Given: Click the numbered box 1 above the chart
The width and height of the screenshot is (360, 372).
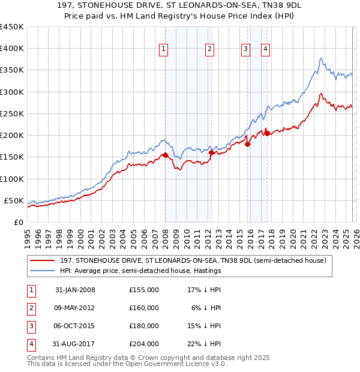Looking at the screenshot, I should tap(163, 50).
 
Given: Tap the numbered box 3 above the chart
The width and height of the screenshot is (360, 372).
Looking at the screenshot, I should tap(245, 50).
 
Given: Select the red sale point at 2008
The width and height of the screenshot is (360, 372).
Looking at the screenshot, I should tap(166, 155).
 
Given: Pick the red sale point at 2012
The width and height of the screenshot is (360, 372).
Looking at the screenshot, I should tap(211, 153).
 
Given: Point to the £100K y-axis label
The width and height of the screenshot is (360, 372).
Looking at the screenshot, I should tap(12, 179).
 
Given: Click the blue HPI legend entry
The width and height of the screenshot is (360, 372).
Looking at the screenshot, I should tap(140, 271).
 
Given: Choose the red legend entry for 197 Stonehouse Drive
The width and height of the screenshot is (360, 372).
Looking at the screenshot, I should tap(193, 260).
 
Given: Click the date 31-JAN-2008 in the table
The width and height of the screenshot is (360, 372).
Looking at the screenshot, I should tap(75, 290).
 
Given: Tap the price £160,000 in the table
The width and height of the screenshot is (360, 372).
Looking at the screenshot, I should tap(143, 308).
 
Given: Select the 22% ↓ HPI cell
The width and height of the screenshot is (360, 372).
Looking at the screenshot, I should tap(204, 344).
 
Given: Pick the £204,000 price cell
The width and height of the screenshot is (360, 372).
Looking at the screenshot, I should tap(143, 344).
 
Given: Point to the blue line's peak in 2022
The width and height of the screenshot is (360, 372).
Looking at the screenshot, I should tap(322, 58).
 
